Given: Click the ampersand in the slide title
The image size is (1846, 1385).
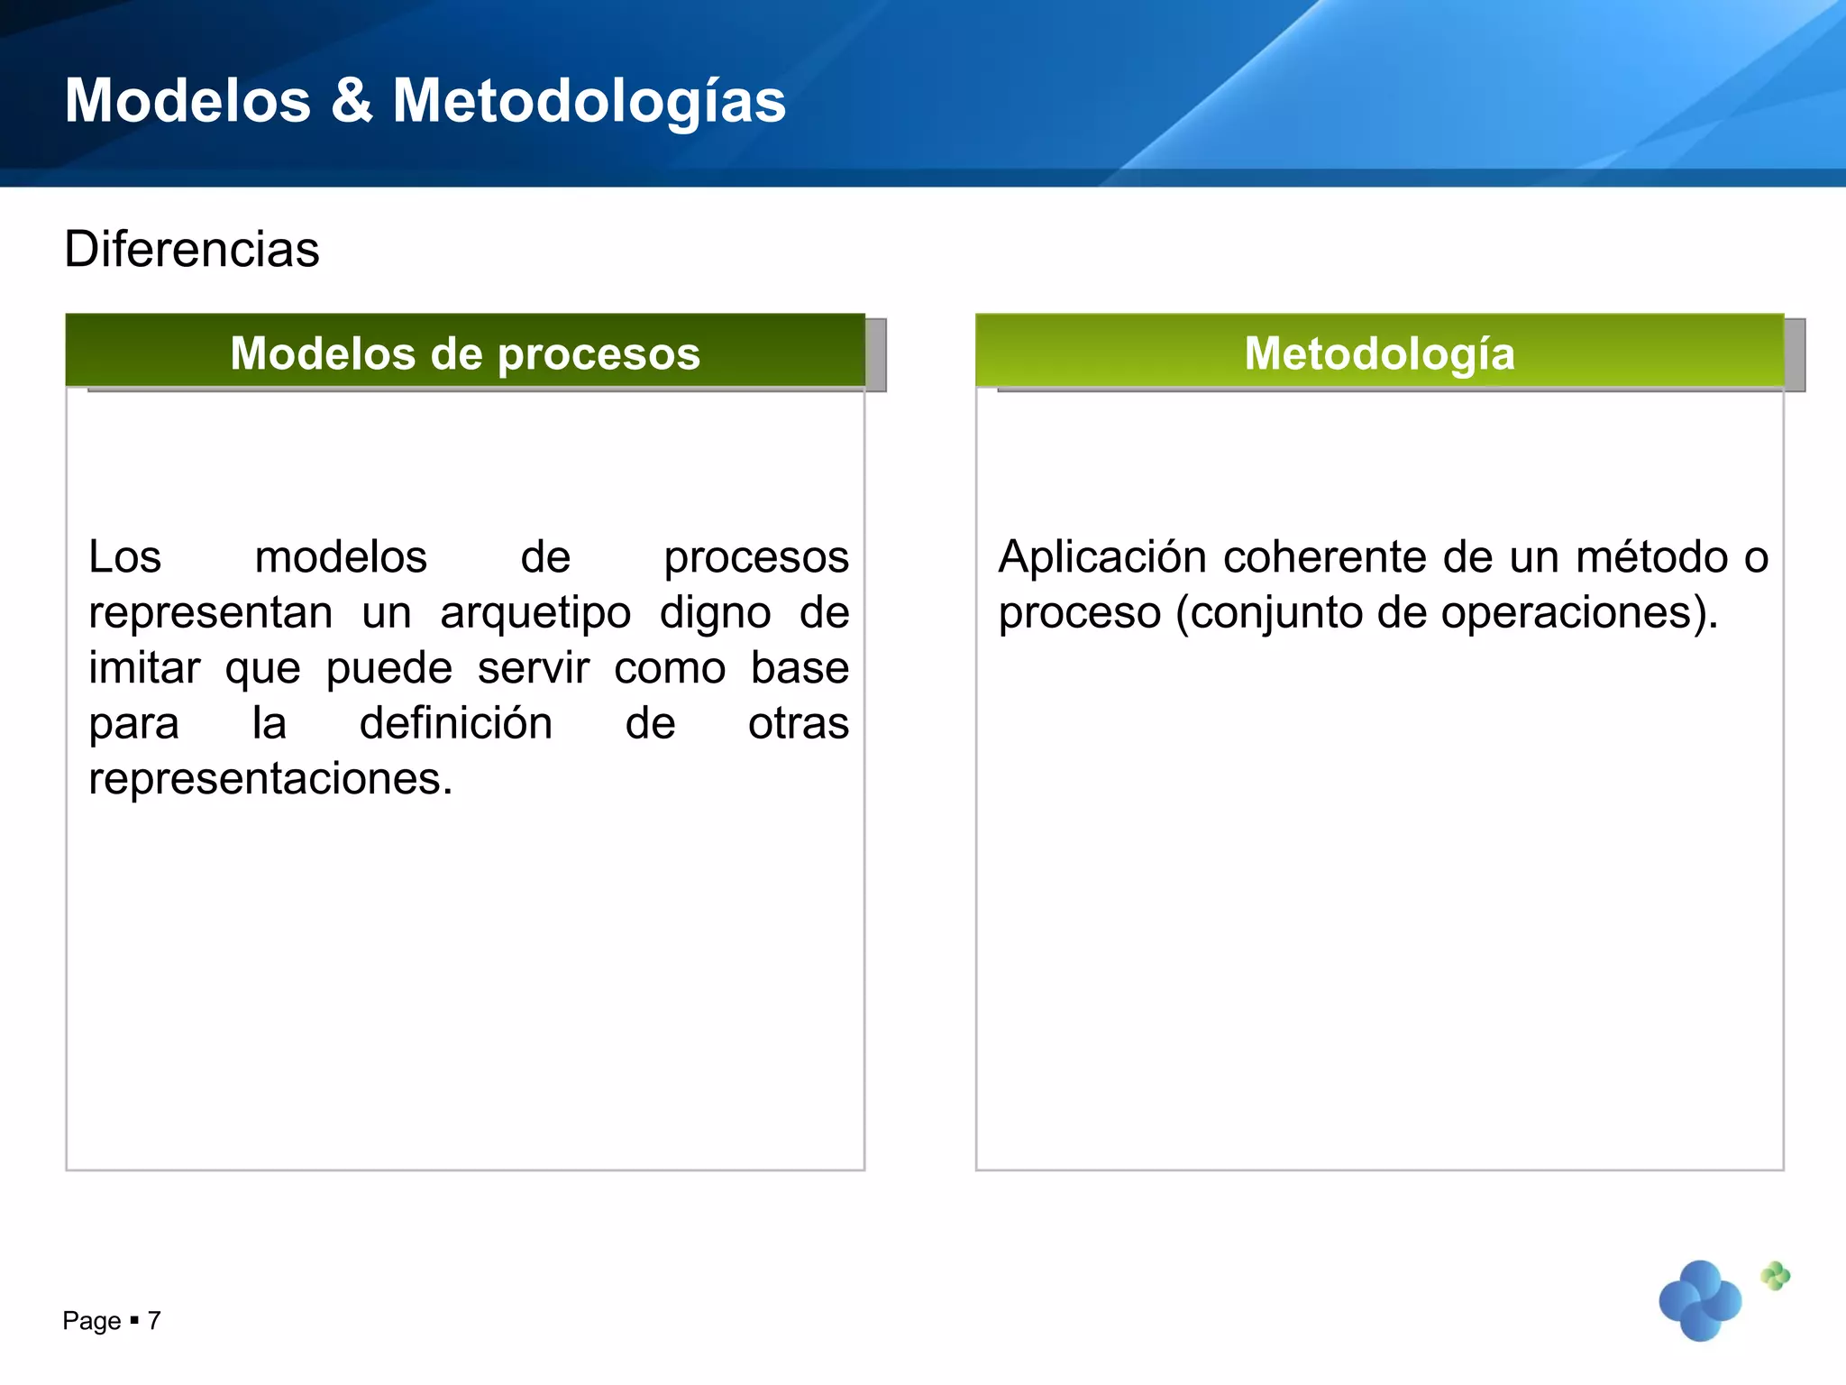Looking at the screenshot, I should point(352,100).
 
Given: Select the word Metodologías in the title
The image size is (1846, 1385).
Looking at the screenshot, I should point(589,102).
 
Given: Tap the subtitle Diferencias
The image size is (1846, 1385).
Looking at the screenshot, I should point(191,249).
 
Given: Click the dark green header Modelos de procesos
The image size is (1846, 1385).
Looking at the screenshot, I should point(465,353).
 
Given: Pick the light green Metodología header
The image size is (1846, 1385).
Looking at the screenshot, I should point(1379,353).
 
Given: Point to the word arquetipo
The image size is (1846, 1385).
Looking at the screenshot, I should point(535,613).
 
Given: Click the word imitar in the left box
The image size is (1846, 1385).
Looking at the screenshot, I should point(144,668).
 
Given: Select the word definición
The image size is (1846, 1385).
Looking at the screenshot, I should point(455,723).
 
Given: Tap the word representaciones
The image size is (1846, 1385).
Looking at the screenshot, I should point(270,779).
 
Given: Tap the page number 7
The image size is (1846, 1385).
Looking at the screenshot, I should point(154,1321).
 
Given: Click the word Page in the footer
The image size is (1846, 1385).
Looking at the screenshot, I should point(91,1321).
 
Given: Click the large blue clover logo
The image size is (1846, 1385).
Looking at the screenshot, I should point(1700,1300).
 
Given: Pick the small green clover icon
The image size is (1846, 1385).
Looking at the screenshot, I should point(1775,1275).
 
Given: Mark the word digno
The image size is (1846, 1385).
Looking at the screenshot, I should point(715,613).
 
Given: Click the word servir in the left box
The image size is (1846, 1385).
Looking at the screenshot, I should point(533,668).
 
